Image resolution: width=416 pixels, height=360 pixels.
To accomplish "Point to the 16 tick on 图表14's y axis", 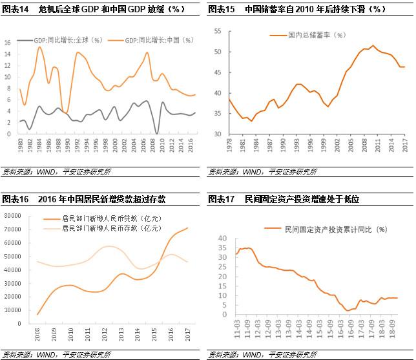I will click(8, 43).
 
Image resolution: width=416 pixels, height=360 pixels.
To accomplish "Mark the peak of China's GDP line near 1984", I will click(39, 47).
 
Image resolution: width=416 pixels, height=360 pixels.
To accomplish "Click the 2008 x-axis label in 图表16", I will click(37, 335).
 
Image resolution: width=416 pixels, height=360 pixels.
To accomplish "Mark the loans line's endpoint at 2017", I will click(188, 228).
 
